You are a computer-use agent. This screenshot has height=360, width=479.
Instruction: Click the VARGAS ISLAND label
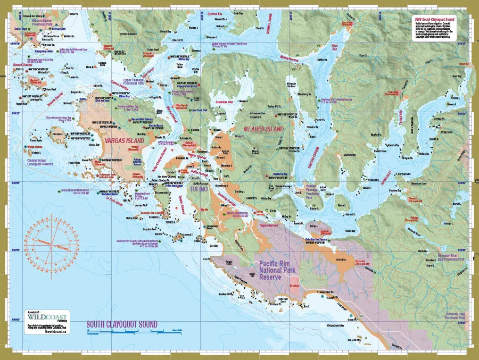[122, 141]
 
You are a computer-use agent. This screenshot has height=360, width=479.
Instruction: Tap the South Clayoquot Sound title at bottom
[122, 324]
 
